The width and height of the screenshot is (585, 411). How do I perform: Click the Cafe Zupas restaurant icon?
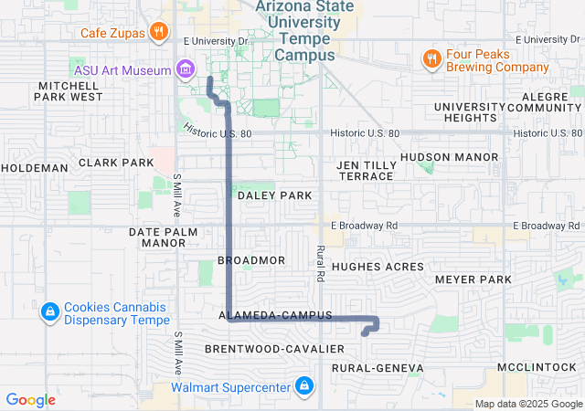(x=158, y=33)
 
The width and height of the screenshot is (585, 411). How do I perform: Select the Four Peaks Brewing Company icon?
(x=432, y=59)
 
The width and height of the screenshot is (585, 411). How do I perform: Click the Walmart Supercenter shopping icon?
(x=303, y=387)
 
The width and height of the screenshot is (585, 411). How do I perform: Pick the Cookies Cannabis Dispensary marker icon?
(x=49, y=313)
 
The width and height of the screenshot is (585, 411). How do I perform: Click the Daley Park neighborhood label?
(x=274, y=195)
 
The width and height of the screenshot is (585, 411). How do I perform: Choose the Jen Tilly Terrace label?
(x=366, y=170)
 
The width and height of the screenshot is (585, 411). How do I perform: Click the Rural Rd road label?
(x=321, y=262)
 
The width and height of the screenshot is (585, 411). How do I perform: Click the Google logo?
(x=30, y=399)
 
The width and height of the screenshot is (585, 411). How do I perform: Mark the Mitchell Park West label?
(x=69, y=90)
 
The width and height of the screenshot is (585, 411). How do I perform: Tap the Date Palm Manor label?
(x=164, y=237)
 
